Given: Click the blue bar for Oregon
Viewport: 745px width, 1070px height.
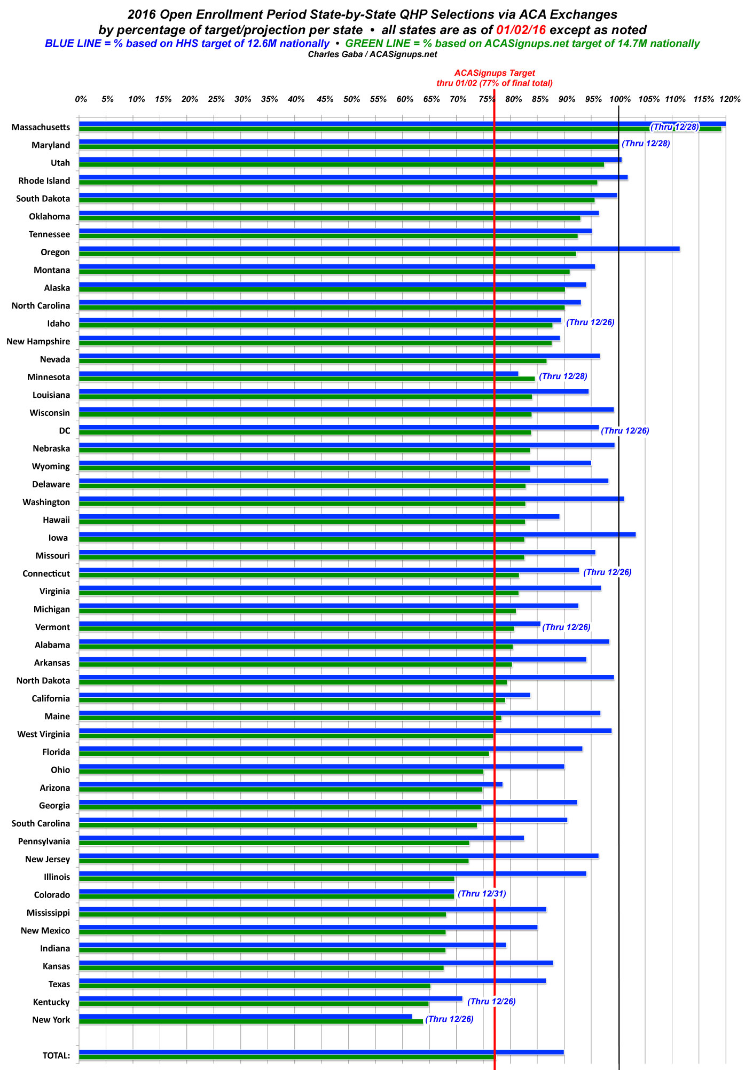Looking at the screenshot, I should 379,249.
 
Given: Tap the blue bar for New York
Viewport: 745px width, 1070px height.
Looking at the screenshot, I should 246,1016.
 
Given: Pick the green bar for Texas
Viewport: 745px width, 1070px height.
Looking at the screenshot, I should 254,986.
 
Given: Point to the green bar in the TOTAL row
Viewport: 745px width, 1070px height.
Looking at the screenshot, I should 287,1057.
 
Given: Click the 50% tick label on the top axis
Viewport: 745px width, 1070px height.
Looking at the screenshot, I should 351,99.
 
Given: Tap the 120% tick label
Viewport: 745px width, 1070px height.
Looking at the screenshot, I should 730,99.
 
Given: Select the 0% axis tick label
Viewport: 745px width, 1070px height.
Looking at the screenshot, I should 81,99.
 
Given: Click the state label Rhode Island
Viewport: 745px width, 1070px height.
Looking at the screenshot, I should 44,181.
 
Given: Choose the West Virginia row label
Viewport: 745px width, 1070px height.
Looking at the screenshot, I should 44,734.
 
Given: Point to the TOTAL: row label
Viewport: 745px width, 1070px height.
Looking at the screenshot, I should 56,1056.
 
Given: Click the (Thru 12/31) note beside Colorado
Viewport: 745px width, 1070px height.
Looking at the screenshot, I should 482,894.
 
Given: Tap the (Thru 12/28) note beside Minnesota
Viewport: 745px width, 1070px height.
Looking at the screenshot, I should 563,376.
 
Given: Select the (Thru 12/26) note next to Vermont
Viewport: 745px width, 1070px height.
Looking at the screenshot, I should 566,627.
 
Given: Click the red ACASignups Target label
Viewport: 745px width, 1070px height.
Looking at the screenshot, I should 495,73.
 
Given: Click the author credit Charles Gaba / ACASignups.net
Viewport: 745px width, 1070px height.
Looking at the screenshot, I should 372,54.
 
